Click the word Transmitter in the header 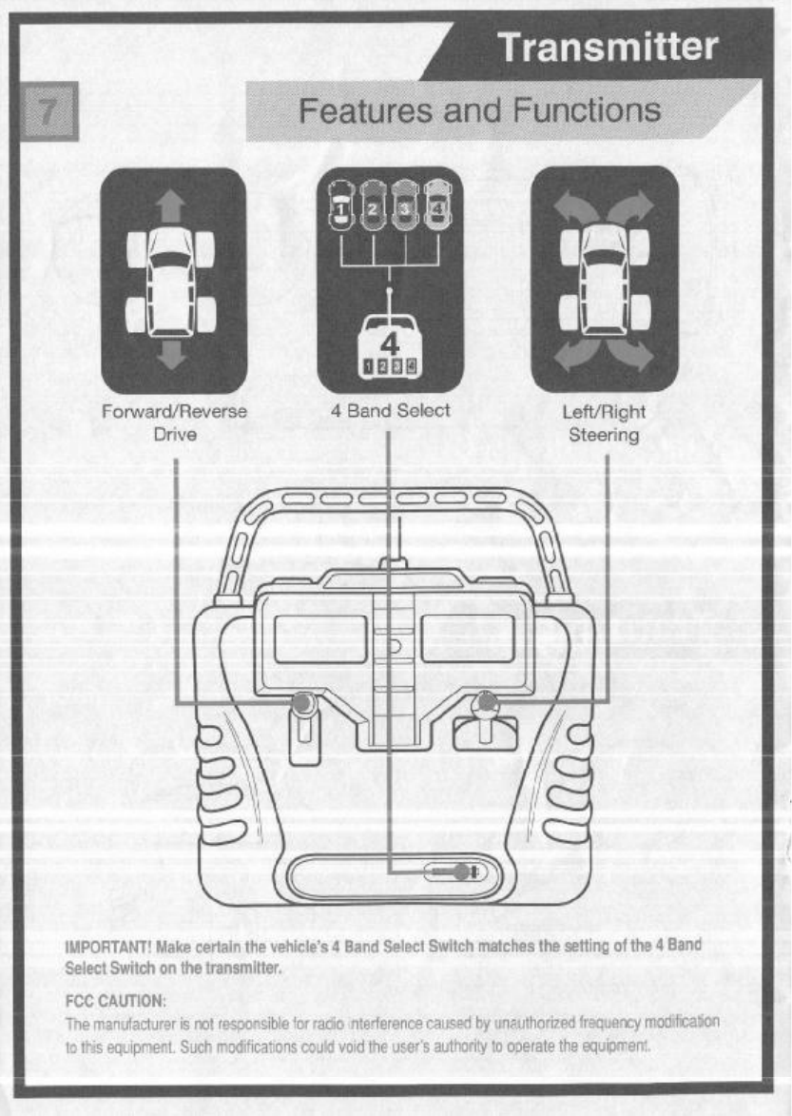pos(608,49)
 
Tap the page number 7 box pos(44,110)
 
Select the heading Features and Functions pos(480,110)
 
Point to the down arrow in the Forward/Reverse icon pos(172,354)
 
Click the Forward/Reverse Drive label pos(173,423)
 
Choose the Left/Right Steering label pos(604,423)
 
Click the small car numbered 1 pos(339,203)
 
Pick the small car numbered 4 pos(437,203)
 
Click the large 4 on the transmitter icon pos(389,343)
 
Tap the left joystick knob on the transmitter pos(303,703)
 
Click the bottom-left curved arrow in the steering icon pos(571,358)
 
